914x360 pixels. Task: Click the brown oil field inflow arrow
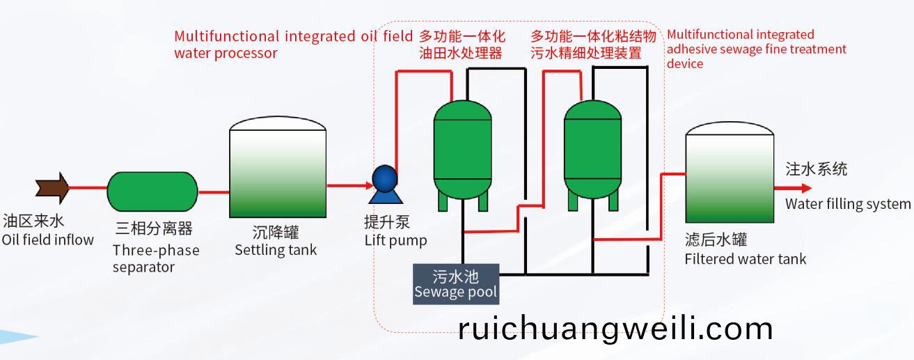52,188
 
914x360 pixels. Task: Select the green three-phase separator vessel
152,191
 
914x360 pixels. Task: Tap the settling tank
278,167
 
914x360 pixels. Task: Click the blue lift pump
385,184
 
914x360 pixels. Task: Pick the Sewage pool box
456,284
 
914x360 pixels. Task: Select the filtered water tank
730,172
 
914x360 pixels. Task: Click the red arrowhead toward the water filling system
806,188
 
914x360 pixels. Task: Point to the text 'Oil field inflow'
48,240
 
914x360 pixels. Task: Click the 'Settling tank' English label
276,250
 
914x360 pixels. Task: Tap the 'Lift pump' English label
396,240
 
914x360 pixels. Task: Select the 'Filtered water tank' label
746,259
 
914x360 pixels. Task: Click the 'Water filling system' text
848,203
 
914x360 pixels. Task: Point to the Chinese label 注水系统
817,169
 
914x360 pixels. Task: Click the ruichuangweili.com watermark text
616,329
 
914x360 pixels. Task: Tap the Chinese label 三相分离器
154,228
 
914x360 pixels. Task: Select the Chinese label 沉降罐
276,233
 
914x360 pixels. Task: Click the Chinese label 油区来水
33,221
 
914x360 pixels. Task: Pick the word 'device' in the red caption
685,63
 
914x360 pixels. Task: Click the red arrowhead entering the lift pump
370,186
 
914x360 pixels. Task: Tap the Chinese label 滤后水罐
716,239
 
